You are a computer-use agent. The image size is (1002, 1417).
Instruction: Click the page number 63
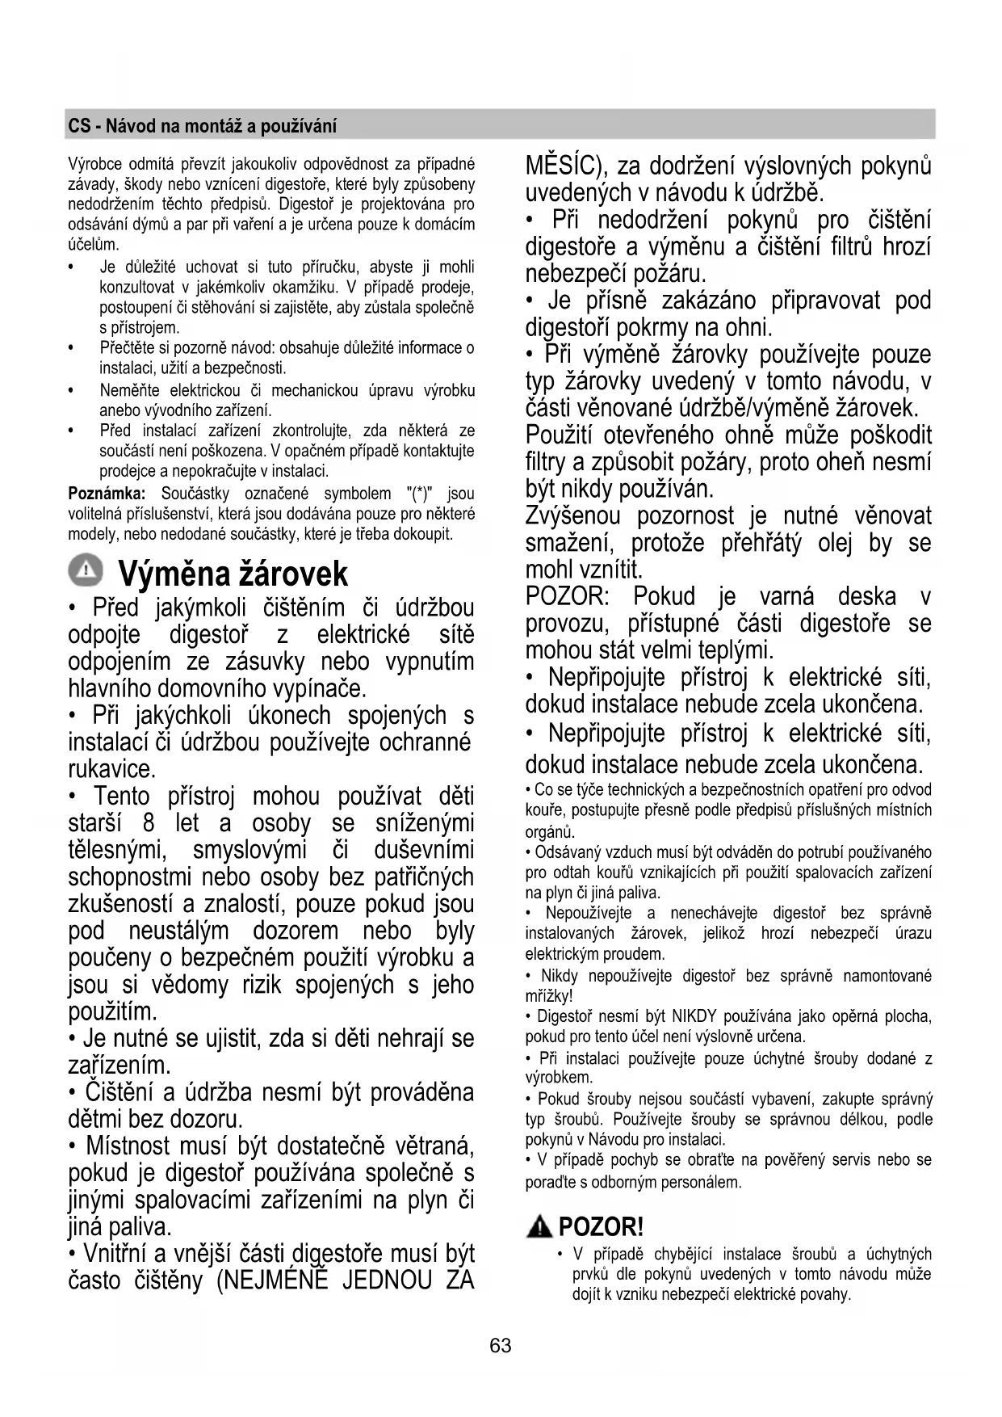coord(501,1345)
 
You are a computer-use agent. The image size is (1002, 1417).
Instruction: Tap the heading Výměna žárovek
coord(233,574)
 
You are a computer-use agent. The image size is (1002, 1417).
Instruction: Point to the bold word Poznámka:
coord(107,494)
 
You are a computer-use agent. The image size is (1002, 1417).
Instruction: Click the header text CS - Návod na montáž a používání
coord(202,126)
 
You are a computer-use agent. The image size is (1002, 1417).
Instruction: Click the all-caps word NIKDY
coord(694,1016)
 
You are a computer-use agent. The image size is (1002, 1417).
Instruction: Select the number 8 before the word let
coord(149,823)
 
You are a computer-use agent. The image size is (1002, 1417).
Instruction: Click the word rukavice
coord(111,769)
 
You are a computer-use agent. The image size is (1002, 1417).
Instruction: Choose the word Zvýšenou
coord(572,515)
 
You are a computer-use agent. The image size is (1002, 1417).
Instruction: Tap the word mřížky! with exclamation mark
coord(548,996)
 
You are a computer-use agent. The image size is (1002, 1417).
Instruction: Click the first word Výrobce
coord(92,165)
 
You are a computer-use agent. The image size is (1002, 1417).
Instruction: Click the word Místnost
coord(128,1146)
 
